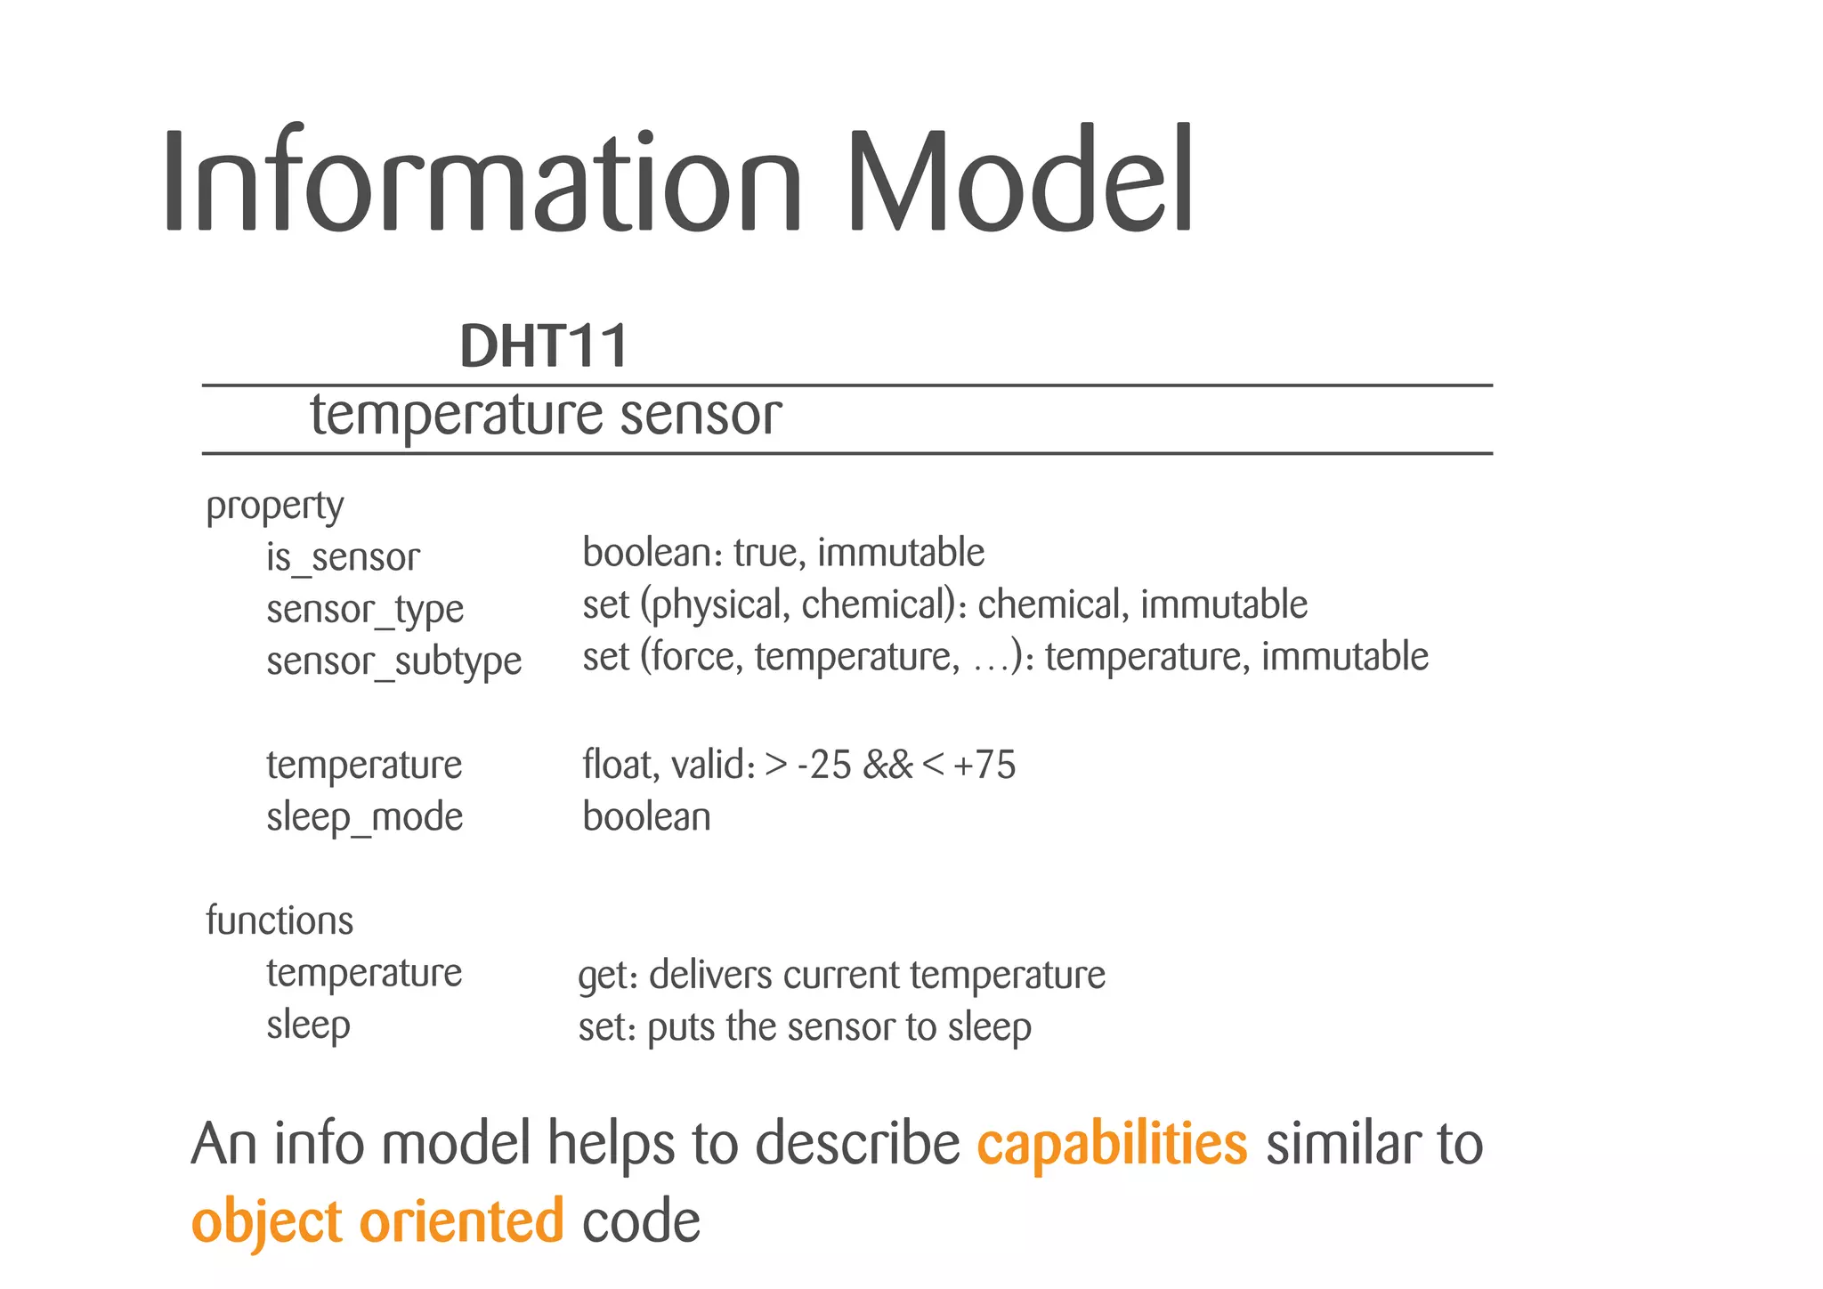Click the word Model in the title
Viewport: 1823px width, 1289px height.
1019,181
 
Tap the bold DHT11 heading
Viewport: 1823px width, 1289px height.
544,346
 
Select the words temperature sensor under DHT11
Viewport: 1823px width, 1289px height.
546,416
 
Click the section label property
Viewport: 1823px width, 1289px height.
274,507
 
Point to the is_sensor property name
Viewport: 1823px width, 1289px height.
343,558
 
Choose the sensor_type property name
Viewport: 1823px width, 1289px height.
365,610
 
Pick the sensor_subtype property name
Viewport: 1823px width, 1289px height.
393,661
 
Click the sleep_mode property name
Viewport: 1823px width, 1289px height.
365,817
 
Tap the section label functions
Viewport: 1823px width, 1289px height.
280,920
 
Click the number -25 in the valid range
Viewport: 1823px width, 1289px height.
823,765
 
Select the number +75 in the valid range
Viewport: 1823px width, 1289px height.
984,765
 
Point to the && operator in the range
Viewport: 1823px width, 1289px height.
887,765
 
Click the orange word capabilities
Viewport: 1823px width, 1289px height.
1112,1144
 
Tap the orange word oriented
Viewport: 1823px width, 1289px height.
461,1220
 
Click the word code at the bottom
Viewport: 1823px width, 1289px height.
641,1221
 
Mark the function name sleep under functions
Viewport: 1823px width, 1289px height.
308,1026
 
